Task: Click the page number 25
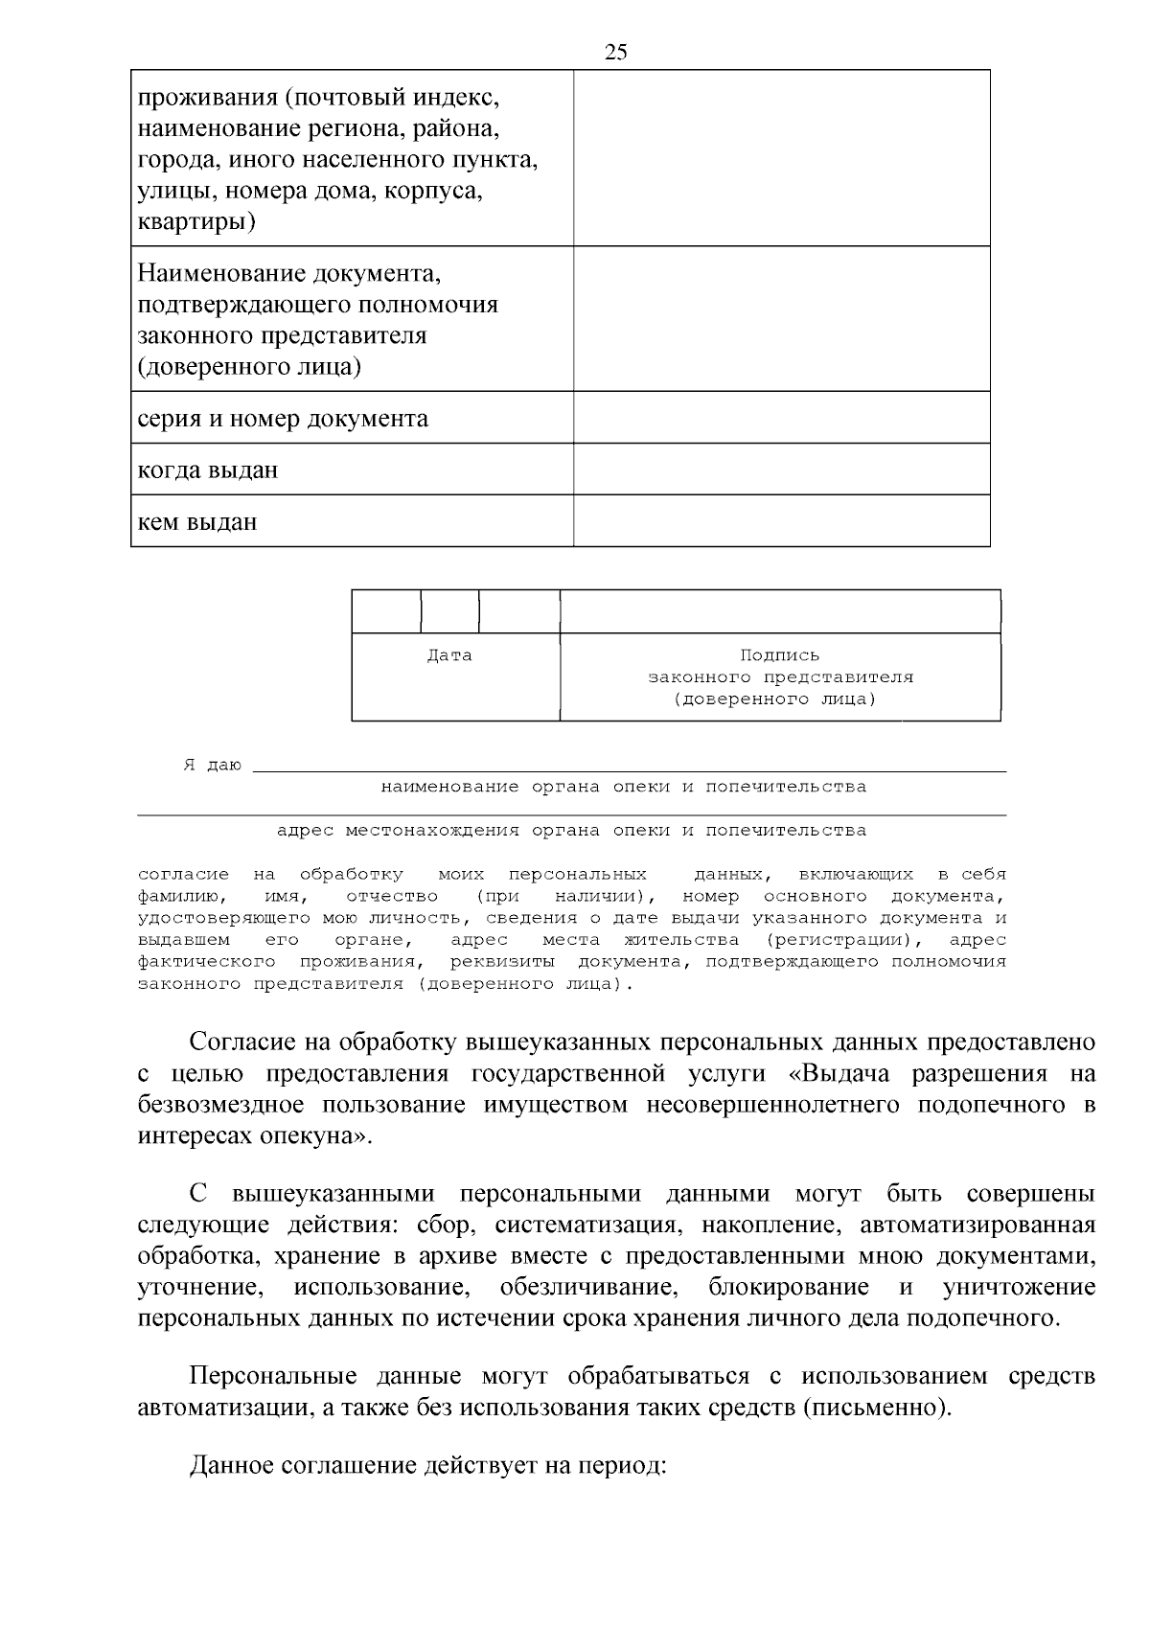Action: pyautogui.click(x=616, y=53)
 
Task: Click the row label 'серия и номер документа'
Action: pyautogui.click(x=283, y=419)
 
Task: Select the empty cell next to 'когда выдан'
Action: pyautogui.click(x=781, y=470)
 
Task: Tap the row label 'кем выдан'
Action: pyautogui.click(x=197, y=522)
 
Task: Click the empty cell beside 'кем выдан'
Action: pyautogui.click(x=781, y=521)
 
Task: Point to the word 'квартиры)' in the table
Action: pyautogui.click(x=196, y=222)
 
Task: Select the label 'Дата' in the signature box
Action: pyautogui.click(x=449, y=656)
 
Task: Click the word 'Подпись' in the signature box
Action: pyautogui.click(x=779, y=656)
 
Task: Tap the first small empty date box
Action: pyautogui.click(x=386, y=612)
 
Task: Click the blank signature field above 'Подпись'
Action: pyautogui.click(x=779, y=612)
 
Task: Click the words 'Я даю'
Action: pyautogui.click(x=212, y=766)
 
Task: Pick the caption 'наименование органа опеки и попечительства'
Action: pyautogui.click(x=623, y=788)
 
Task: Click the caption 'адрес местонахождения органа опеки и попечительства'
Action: pyautogui.click(x=571, y=831)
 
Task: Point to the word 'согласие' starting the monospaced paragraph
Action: pyautogui.click(x=183, y=875)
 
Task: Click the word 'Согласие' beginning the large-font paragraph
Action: pyautogui.click(x=241, y=1042)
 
